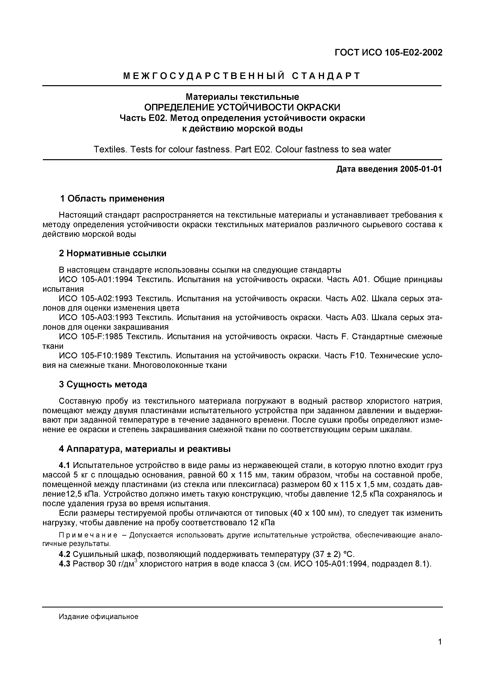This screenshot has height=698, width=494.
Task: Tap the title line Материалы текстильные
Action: click(x=242, y=97)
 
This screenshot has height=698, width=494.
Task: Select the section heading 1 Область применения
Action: click(x=112, y=199)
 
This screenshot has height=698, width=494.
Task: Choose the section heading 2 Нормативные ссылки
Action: click(x=113, y=253)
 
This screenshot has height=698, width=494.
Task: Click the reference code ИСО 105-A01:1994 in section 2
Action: click(x=96, y=279)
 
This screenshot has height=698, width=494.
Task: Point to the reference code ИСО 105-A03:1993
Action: click(x=96, y=318)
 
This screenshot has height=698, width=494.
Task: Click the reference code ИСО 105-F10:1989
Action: click(x=96, y=356)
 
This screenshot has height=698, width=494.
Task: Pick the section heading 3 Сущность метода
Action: click(x=103, y=385)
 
